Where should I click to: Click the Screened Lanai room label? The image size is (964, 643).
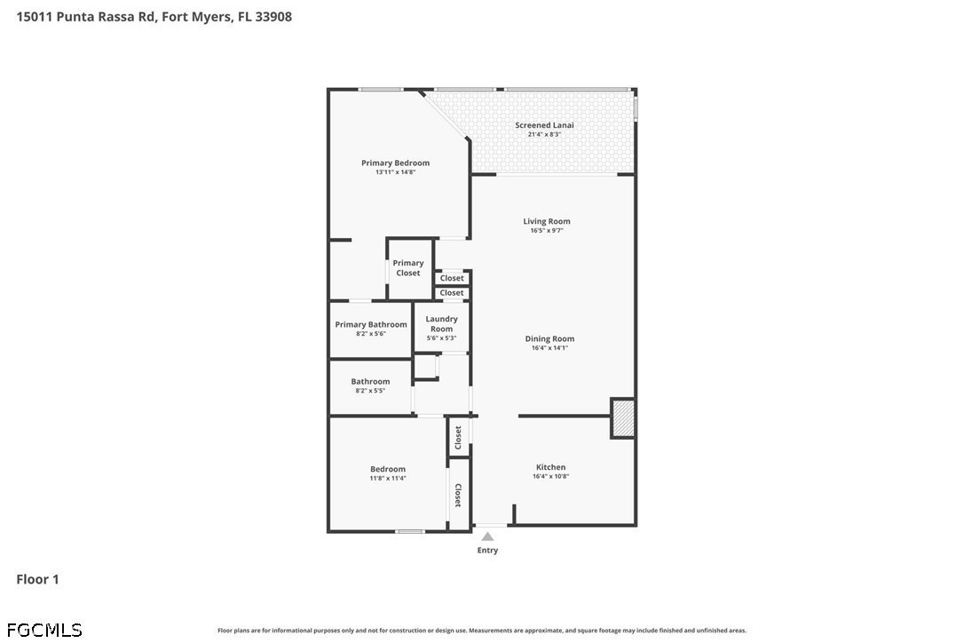544,125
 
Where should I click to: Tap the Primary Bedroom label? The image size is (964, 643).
395,163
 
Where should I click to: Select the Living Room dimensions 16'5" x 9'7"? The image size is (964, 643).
547,231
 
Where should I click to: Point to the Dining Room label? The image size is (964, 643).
549,338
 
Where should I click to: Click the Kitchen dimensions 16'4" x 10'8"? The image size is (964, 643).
551,476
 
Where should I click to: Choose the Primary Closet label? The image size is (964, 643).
408,267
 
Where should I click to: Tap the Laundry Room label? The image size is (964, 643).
441,323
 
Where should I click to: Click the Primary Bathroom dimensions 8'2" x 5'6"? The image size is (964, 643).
371,334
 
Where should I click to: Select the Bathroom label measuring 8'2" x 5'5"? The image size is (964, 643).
370,382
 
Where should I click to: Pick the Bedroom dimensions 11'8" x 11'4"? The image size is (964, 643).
388,478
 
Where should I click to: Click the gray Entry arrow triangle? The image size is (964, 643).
487,536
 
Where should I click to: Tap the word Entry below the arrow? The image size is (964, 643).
487,550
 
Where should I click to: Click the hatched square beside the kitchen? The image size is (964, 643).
623,419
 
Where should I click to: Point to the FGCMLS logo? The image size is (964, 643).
44,630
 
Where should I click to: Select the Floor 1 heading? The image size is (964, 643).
37,579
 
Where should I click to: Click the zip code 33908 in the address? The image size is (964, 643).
273,17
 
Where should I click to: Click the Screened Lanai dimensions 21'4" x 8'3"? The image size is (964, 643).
544,134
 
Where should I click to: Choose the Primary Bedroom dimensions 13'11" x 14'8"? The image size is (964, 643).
395,172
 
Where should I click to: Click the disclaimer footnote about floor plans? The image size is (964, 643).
482,631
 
